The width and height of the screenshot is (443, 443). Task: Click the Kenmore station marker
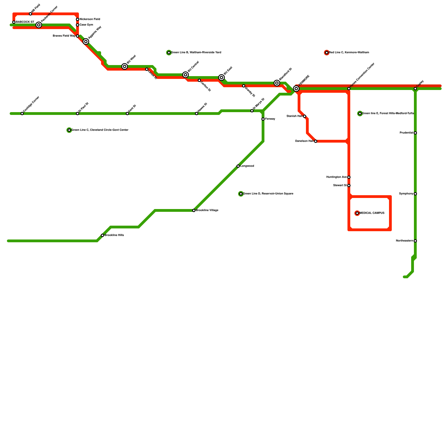point(296,89)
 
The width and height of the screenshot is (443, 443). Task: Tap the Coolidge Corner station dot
point(22,114)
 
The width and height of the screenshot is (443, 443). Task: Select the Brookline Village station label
point(207,210)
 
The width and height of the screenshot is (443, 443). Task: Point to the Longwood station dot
point(238,166)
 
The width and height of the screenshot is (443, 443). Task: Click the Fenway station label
point(270,119)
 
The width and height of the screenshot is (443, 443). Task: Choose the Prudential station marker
point(415,133)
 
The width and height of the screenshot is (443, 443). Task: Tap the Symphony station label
point(406,194)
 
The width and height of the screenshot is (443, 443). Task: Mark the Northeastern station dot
point(415,241)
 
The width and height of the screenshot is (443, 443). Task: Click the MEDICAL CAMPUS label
point(372,213)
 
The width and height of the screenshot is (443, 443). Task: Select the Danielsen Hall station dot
point(316,141)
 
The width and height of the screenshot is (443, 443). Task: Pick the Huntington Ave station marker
point(349,177)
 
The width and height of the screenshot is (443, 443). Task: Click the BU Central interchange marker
point(186,75)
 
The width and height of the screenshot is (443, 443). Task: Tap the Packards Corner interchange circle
point(39,25)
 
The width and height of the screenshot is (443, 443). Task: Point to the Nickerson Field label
point(90,19)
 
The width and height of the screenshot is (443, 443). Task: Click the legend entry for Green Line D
point(268,194)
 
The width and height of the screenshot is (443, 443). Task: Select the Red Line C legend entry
point(349,53)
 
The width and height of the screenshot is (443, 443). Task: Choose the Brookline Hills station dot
point(102,235)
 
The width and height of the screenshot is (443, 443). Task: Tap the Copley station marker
point(415,89)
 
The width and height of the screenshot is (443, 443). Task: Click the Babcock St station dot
point(14,22)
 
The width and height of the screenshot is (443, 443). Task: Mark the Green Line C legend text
point(100,130)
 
